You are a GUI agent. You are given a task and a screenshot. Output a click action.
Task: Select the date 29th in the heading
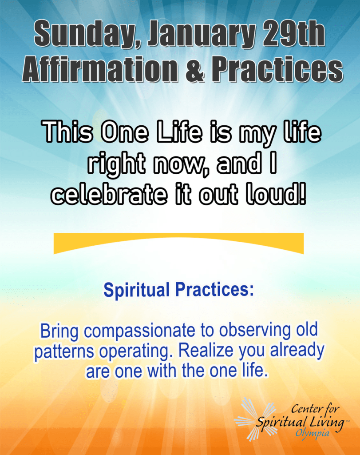tap(293, 33)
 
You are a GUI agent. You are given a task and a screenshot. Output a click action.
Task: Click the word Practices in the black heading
tap(277, 68)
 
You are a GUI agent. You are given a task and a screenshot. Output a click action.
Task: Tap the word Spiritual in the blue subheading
tap(137, 290)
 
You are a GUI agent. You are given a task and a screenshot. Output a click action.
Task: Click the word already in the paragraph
tap(297, 351)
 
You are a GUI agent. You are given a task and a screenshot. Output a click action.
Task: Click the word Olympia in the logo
tap(313, 434)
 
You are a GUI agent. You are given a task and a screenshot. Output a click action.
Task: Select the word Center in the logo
tap(305, 409)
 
